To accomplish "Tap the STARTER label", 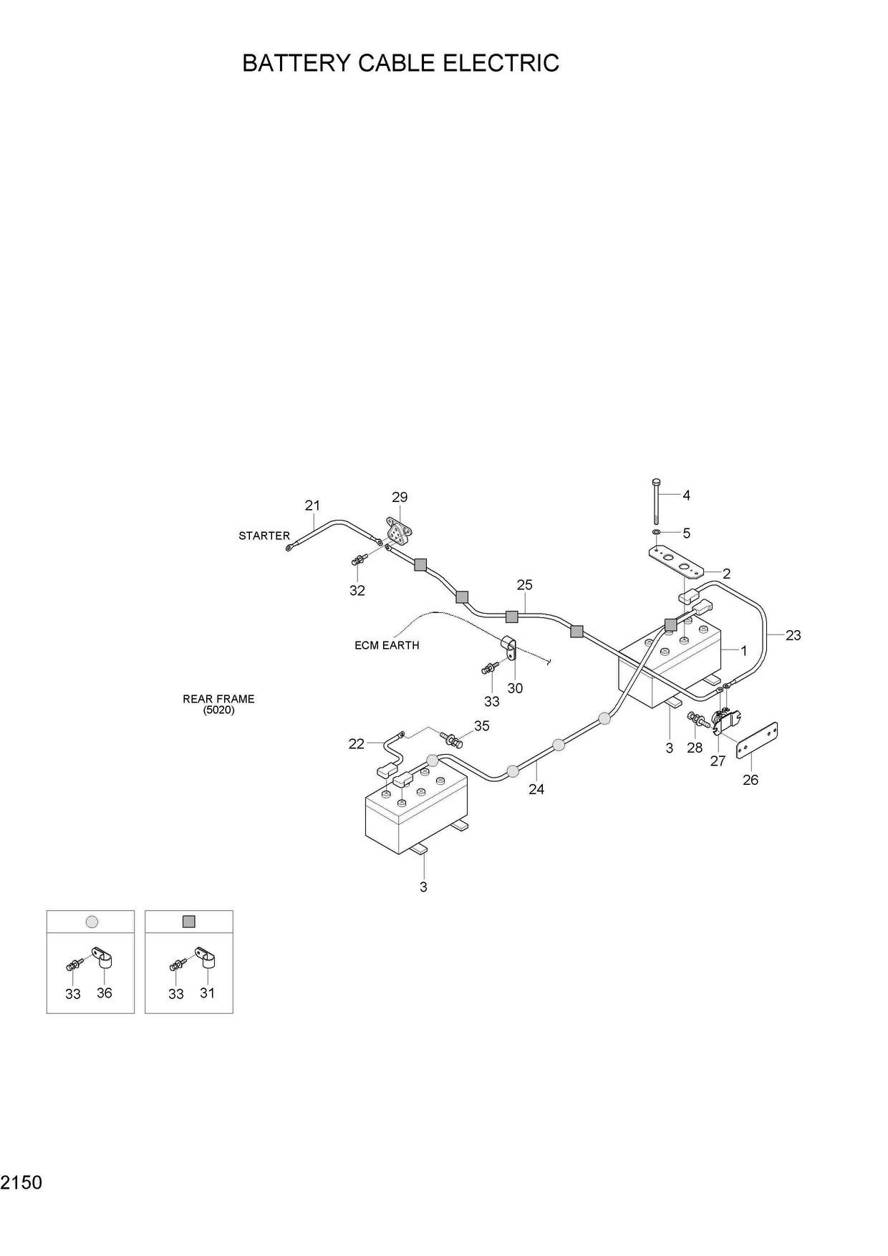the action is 264,536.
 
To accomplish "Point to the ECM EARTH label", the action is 387,645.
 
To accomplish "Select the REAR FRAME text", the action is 218,699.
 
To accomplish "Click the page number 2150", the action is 21,1183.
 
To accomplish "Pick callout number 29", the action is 400,497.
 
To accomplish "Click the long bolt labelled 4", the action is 656,503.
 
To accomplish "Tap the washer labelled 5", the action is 657,533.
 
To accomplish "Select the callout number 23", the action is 793,634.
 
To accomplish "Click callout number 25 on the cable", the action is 524,585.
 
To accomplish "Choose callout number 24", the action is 536,789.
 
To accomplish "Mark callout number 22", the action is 357,744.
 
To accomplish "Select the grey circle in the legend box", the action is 91,922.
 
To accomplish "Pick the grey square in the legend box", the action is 189,922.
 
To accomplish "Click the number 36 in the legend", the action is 105,993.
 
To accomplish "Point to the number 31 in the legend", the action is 207,993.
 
